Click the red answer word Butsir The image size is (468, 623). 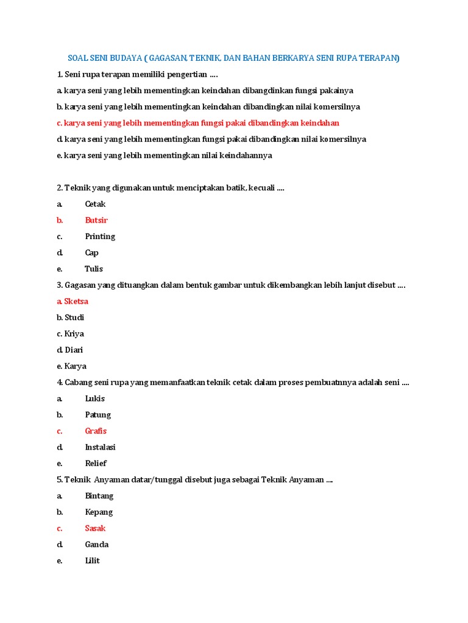(x=96, y=220)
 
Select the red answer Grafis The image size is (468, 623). (x=96, y=431)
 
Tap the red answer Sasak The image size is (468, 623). (x=95, y=528)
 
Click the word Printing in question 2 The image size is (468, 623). (x=100, y=237)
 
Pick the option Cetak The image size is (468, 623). (x=95, y=204)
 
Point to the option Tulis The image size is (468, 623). (x=94, y=269)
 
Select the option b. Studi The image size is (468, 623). (x=70, y=318)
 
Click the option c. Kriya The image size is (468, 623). (x=70, y=334)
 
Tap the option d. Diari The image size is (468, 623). (x=69, y=350)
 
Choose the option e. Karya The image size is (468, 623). (x=71, y=366)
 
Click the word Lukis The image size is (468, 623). (x=95, y=399)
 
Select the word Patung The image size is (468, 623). (x=98, y=415)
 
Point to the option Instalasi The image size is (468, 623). (x=101, y=447)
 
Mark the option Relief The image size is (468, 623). (x=96, y=463)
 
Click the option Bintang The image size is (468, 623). (x=99, y=496)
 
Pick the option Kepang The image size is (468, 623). (x=99, y=512)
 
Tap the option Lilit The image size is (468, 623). (x=93, y=561)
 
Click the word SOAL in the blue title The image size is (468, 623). (x=79, y=58)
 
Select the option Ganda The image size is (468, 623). (x=97, y=545)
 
